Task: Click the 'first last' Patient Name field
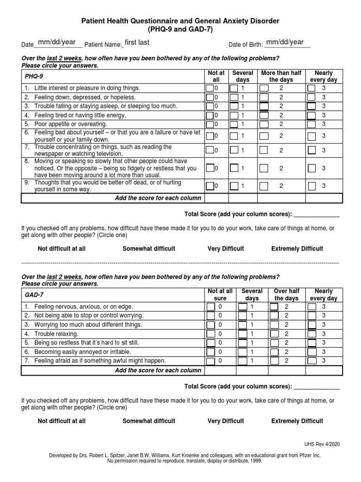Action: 137,43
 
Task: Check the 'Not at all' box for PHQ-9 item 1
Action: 210,88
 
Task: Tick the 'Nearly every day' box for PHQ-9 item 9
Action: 312,186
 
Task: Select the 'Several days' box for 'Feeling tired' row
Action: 233,115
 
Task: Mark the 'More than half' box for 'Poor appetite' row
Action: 264,124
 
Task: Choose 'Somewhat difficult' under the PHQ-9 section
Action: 149,249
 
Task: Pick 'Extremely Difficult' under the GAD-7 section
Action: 297,421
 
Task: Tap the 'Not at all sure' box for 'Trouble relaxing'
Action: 210,334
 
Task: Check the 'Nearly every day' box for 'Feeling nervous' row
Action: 312,306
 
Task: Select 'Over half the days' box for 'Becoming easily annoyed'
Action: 274,352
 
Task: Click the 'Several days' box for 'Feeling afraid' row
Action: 242,361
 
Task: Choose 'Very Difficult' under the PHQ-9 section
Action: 226,249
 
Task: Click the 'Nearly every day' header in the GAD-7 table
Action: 323,295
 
